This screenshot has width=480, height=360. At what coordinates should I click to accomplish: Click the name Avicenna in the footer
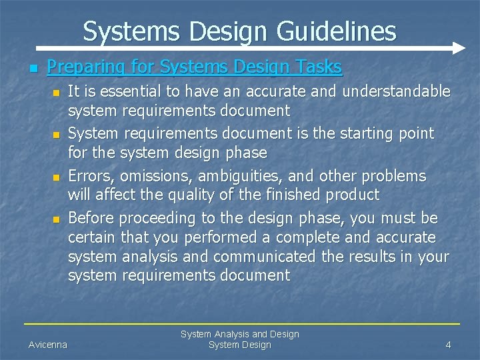[47, 345]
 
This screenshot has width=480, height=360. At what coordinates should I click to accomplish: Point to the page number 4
[448, 345]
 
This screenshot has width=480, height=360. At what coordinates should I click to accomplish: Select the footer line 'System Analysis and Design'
[239, 334]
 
